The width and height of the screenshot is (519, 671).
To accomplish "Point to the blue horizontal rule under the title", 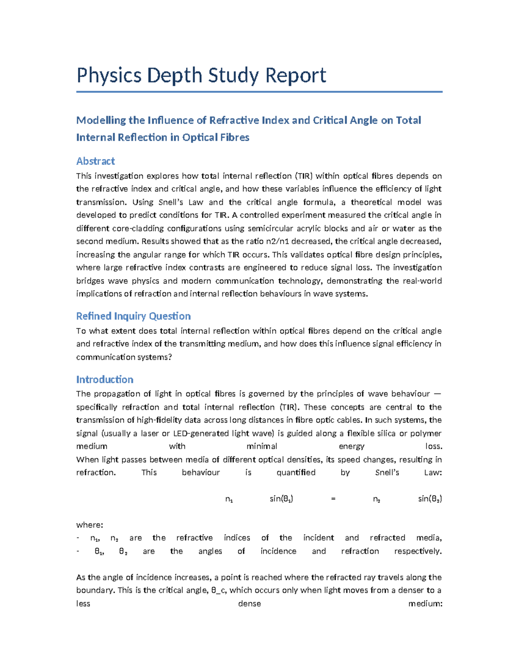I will click(259, 92).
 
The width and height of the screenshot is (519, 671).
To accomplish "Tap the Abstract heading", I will click(95, 161).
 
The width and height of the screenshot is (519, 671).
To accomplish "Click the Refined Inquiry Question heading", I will click(133, 316).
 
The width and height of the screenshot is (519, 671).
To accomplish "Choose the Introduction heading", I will click(105, 379).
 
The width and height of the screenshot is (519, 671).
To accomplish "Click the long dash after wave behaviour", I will click(437, 394).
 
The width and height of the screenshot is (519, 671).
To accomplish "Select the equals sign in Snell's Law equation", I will click(333, 499).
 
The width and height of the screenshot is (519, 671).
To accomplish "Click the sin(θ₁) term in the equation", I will click(281, 499).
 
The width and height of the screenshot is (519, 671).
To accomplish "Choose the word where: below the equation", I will click(90, 525).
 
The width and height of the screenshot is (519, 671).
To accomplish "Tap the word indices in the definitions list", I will click(237, 538).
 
